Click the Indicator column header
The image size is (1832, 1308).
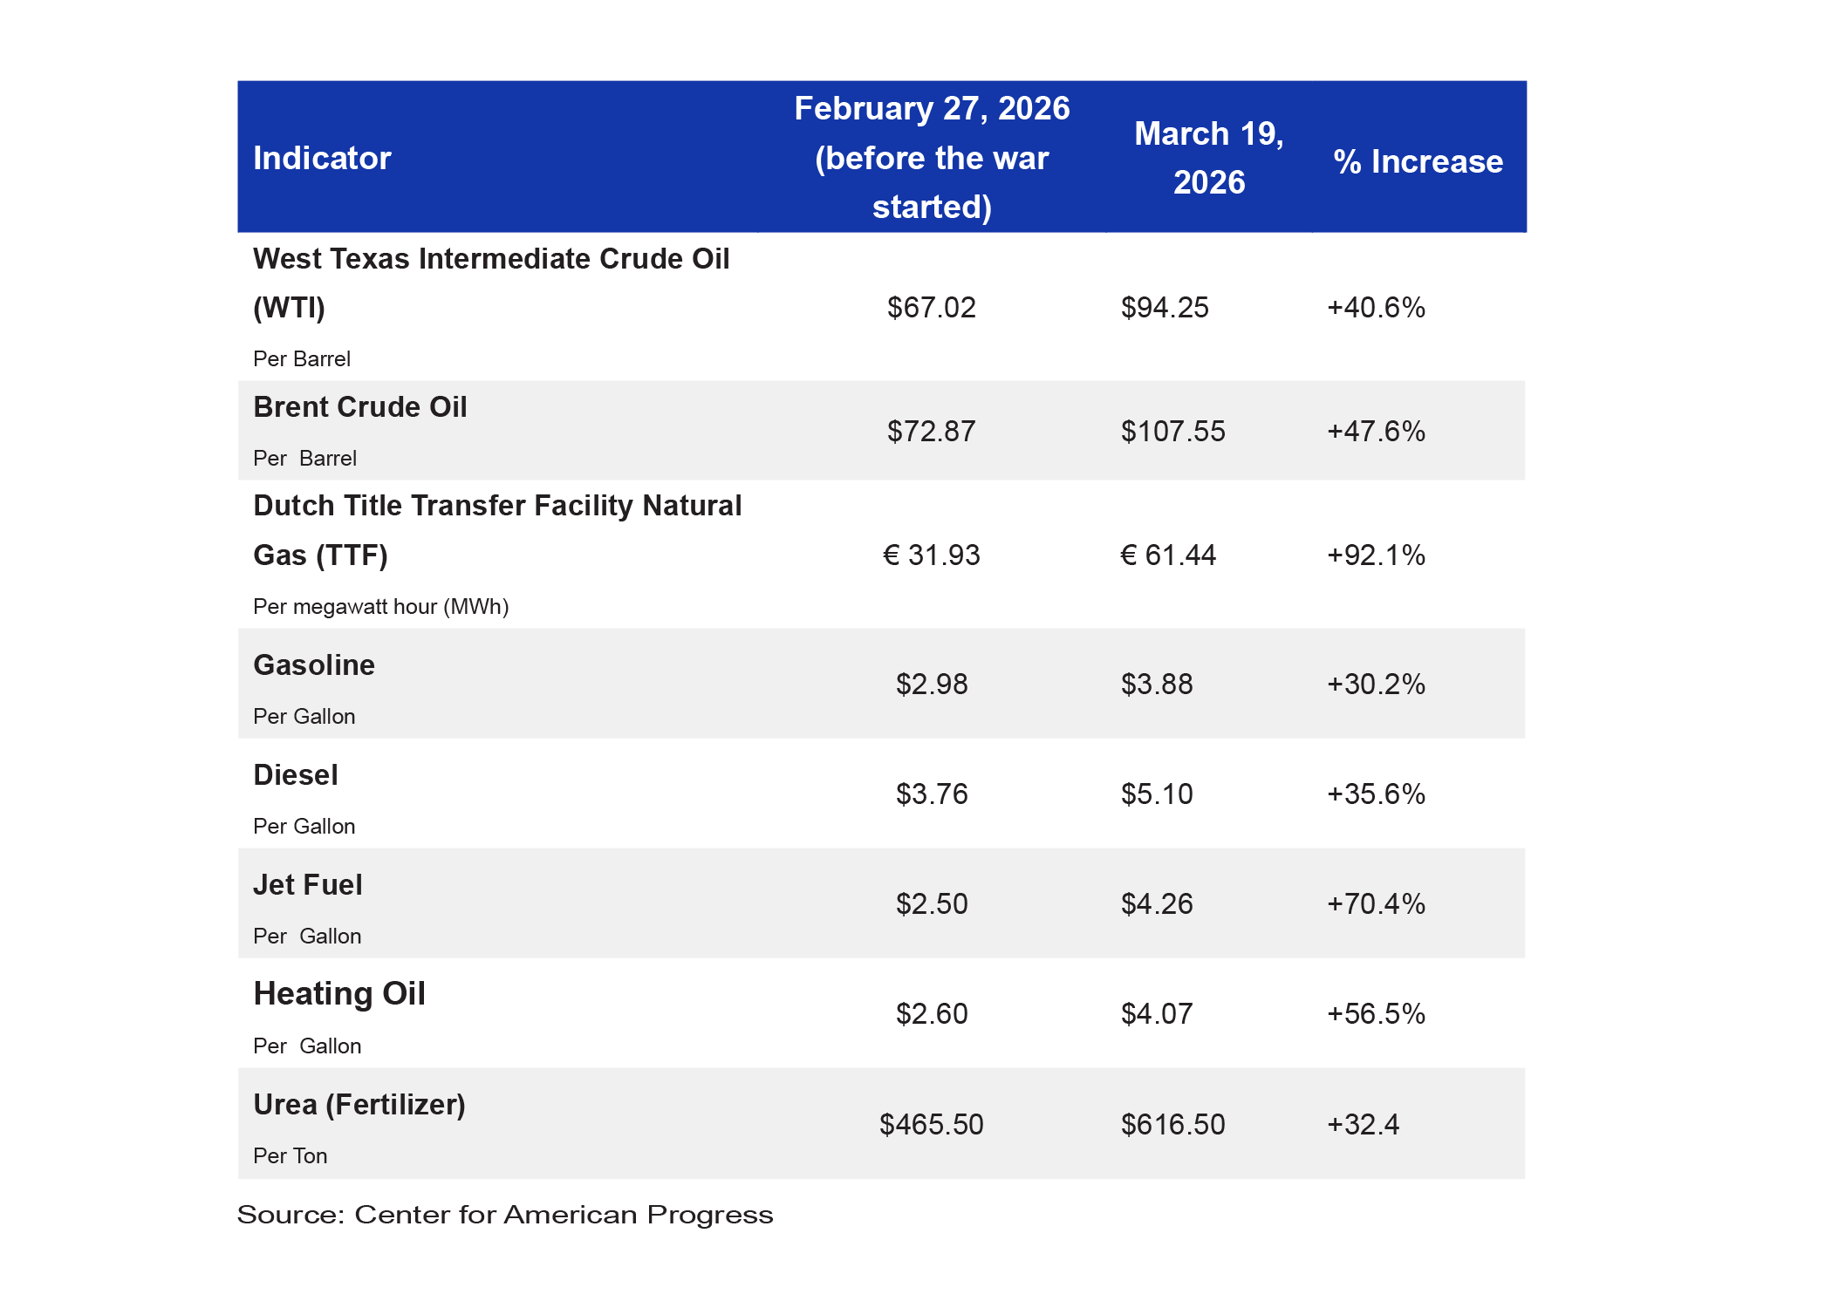322,159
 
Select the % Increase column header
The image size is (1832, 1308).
1418,161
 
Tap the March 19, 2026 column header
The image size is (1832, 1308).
1209,158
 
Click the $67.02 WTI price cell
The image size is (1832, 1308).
932,308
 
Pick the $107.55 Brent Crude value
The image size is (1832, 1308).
1173,432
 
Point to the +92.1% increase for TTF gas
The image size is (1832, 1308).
1376,555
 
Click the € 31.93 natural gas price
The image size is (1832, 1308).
932,555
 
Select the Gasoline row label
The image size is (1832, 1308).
314,665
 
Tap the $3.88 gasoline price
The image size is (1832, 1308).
1157,685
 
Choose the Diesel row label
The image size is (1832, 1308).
296,775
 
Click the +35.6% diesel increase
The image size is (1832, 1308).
1376,794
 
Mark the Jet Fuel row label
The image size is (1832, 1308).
308,885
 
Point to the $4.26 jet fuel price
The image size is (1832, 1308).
1157,904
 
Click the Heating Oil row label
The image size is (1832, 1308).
339,994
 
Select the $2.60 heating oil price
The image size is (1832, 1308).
932,1014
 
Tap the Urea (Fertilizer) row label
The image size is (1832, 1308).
359,1105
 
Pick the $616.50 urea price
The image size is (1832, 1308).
1173,1125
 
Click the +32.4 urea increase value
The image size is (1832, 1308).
1363,1125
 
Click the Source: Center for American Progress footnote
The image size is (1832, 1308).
505,1215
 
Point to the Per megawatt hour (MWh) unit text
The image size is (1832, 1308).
381,607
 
